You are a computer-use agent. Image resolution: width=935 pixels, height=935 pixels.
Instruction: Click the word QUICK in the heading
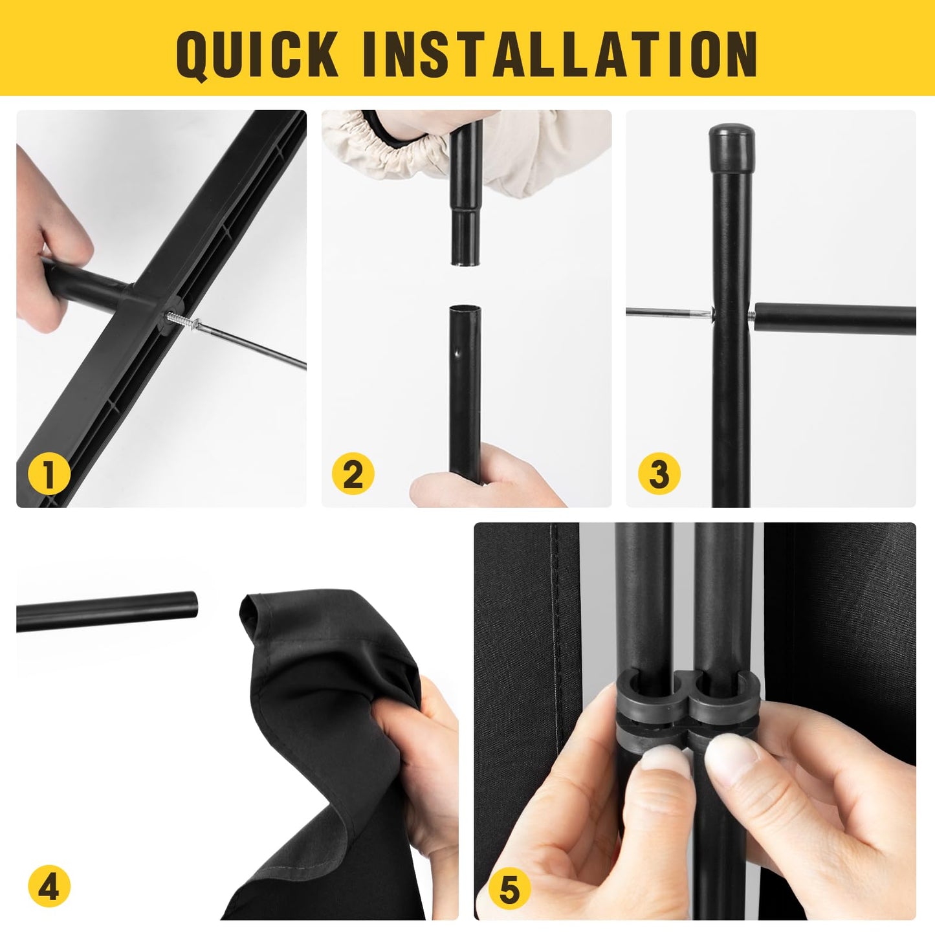click(x=257, y=55)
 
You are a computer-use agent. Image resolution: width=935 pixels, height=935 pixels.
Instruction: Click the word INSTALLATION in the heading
click(x=560, y=54)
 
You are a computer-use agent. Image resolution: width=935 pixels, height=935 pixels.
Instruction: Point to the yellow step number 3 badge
click(x=659, y=473)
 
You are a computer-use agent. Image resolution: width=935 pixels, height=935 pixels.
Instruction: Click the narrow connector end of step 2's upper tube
click(x=467, y=239)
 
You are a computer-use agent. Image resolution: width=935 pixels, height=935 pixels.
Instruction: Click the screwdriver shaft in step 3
click(x=668, y=313)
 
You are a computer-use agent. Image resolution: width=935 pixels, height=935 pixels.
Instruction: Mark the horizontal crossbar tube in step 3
click(x=833, y=318)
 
